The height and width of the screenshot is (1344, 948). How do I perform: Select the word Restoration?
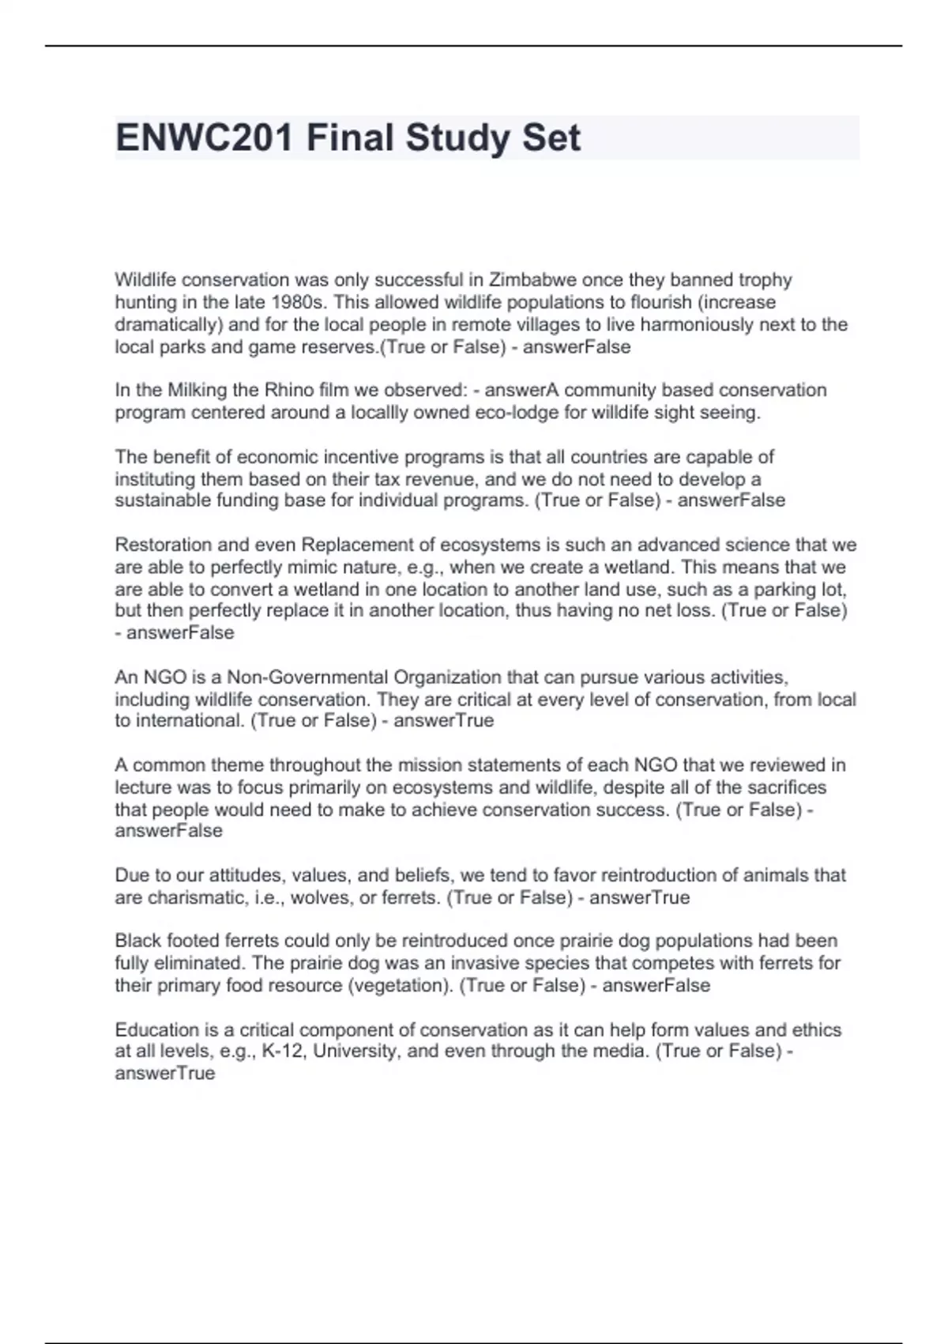[164, 545]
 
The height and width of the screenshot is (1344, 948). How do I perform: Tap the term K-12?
[282, 1051]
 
